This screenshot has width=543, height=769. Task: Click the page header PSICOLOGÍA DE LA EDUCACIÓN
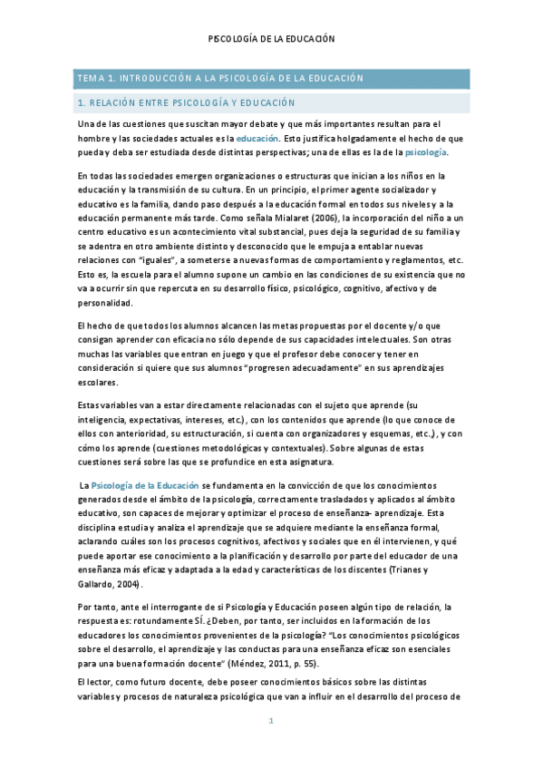tap(272, 39)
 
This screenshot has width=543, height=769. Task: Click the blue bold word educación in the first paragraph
tap(257, 138)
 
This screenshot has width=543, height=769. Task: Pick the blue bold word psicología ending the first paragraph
tap(424, 152)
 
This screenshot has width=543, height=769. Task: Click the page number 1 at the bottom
tap(271, 722)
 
